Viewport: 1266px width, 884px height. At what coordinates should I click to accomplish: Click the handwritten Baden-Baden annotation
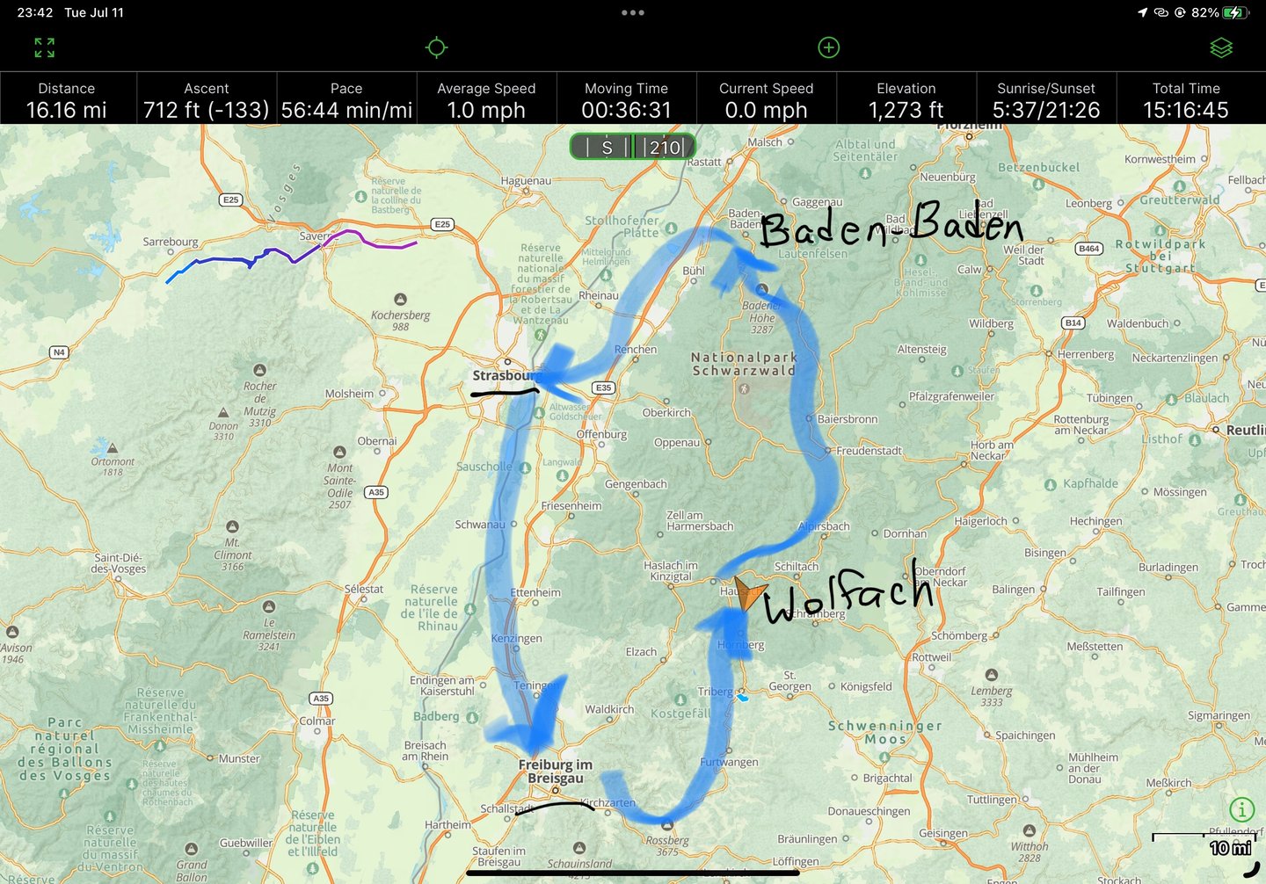click(890, 225)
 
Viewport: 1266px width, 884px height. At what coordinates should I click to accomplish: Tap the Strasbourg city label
click(504, 376)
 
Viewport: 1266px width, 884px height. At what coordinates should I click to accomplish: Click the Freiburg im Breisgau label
click(555, 771)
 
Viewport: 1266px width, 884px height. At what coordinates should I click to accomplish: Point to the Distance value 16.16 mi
click(67, 110)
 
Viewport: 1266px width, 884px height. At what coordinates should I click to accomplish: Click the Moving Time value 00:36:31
click(626, 110)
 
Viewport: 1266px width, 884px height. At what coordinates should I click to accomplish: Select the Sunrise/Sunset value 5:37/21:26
click(1045, 110)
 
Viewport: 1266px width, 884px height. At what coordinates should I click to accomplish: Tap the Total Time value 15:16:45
click(1185, 110)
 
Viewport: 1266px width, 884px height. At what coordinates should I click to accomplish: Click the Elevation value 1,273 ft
click(906, 110)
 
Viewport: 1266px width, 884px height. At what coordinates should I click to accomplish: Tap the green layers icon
click(1221, 47)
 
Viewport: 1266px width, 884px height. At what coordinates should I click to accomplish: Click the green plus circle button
click(828, 47)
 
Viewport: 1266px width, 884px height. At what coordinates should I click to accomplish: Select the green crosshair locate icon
click(436, 47)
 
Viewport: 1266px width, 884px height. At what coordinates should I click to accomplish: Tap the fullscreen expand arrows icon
click(45, 47)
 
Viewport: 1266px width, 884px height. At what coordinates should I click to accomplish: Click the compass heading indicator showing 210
click(632, 147)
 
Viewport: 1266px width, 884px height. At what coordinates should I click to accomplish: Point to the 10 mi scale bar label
click(1230, 848)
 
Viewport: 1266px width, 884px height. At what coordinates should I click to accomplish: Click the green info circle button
click(1241, 809)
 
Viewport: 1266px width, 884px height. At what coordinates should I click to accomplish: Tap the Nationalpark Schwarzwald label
click(744, 364)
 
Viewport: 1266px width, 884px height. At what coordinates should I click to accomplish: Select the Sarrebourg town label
click(171, 242)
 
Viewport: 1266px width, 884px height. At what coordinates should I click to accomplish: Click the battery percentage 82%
click(1204, 13)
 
